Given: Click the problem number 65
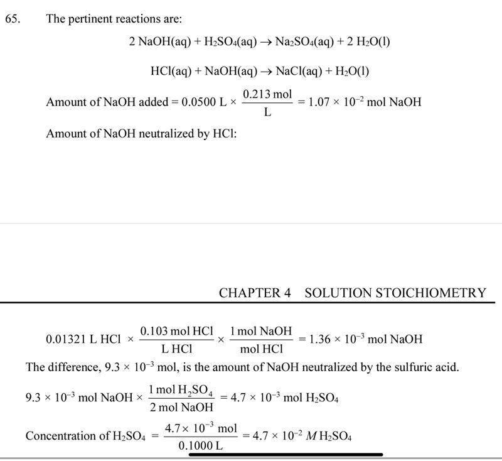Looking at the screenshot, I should [x=12, y=19].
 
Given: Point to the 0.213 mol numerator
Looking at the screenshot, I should [x=267, y=94].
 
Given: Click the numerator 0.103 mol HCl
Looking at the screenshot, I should [x=176, y=331].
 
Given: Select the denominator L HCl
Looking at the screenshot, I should [x=176, y=349].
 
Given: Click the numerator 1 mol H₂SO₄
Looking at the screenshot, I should [x=180, y=389].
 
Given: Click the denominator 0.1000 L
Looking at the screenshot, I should [x=200, y=446].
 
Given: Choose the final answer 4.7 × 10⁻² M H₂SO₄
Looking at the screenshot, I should [x=301, y=436].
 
